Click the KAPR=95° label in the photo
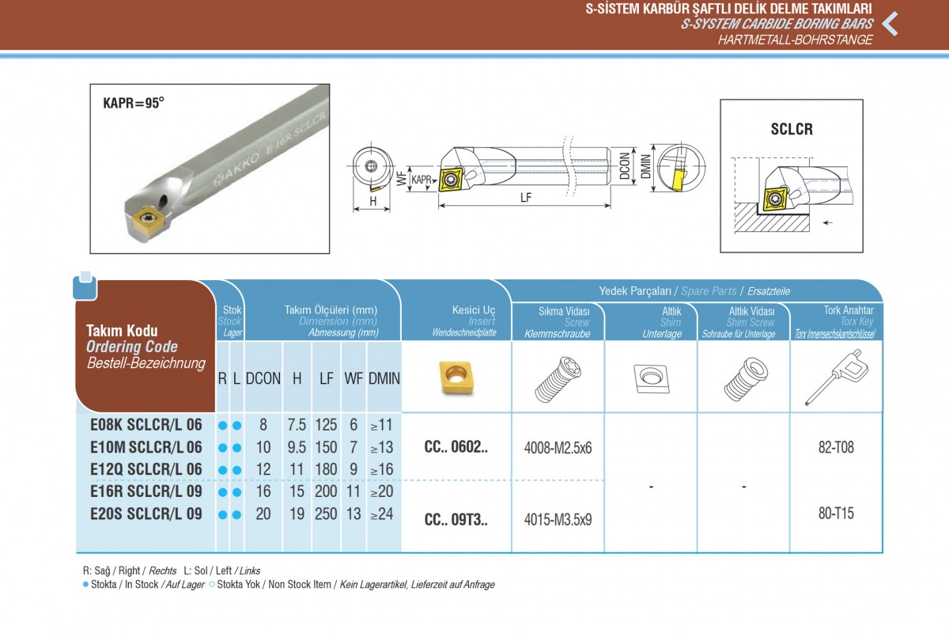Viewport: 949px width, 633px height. point(134,103)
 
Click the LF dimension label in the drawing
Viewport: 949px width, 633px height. point(526,197)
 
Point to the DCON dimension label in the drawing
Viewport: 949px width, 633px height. point(625,166)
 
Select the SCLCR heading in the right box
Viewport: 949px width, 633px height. point(792,129)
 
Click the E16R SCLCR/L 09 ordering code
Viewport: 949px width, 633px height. point(146,491)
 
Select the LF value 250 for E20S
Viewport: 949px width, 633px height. point(326,514)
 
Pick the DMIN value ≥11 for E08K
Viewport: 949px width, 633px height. point(381,425)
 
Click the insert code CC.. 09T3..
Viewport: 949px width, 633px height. point(456,519)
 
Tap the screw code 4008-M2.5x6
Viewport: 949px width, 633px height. point(558,448)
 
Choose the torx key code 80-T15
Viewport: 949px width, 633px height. point(836,514)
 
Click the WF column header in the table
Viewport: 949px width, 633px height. point(354,378)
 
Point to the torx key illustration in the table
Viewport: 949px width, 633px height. point(836,377)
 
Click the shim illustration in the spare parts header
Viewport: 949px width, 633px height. point(651,378)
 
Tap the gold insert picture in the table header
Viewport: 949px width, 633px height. point(456,377)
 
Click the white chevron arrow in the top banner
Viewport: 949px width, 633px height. point(890,24)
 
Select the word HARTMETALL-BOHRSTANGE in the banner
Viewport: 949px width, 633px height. point(796,40)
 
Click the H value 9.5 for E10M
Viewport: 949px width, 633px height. point(297,447)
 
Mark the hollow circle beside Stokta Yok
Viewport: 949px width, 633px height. point(212,585)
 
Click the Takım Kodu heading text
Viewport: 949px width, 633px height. point(122,331)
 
